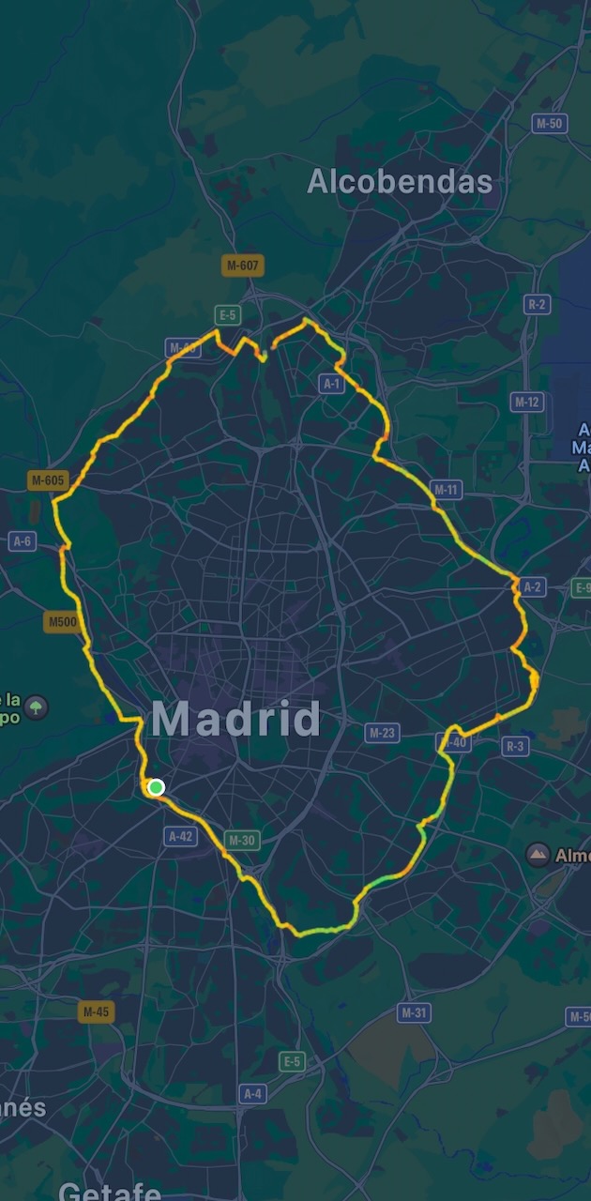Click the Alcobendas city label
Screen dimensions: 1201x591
point(400,182)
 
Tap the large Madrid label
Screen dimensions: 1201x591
point(235,720)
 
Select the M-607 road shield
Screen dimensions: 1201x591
point(243,266)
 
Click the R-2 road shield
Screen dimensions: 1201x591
point(537,304)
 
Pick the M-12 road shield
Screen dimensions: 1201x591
point(527,402)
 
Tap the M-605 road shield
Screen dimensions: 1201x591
point(48,480)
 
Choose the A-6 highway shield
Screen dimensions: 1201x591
point(22,541)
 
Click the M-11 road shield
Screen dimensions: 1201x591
point(447,489)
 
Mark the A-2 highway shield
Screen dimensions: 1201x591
point(532,587)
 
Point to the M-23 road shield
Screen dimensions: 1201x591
point(381,733)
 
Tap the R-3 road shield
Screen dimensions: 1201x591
point(516,746)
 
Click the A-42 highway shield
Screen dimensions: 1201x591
point(180,836)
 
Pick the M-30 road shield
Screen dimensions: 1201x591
point(241,841)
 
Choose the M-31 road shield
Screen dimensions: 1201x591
point(414,1012)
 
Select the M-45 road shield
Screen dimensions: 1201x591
point(95,1011)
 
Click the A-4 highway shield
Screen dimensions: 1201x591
point(252,1094)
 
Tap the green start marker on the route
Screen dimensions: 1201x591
point(157,787)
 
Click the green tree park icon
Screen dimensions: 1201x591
point(37,706)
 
